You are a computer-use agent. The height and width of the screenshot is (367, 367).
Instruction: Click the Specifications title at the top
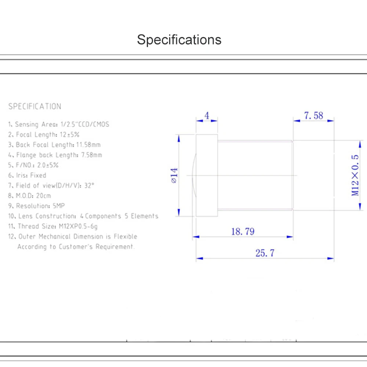point(179,40)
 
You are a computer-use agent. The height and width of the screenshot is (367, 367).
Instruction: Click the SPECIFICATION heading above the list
point(35,107)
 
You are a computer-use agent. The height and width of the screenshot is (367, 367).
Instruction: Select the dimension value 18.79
point(243,232)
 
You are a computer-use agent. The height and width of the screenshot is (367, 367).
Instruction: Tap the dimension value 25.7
point(265,253)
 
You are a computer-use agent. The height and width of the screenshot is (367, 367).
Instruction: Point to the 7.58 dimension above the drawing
point(313,116)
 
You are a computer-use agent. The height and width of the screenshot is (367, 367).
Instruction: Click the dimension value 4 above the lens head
point(207,116)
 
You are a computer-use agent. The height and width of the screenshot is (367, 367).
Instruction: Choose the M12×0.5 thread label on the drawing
point(355,175)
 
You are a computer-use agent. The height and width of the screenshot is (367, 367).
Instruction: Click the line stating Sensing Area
point(59,124)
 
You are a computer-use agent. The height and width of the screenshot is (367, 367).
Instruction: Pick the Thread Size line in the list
point(53,226)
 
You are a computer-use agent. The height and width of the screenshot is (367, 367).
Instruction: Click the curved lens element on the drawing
point(194,175)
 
